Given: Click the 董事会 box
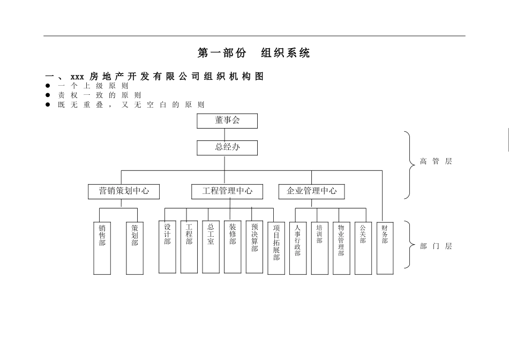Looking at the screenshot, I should (x=227, y=121).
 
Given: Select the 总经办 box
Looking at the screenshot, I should (x=227, y=147).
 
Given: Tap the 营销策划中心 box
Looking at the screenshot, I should (x=124, y=191).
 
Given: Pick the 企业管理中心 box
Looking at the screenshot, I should (x=312, y=191).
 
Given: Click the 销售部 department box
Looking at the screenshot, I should (x=102, y=247).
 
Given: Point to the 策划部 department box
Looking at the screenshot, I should (x=134, y=247).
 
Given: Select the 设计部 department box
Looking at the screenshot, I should (x=167, y=246).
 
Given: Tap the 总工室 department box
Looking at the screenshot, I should (x=211, y=246).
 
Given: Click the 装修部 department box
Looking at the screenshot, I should (x=233, y=246).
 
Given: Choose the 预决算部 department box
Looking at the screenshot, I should (x=254, y=246).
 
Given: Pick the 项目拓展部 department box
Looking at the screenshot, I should (x=276, y=247).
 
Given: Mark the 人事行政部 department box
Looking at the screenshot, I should (x=297, y=247).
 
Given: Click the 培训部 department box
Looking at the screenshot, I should (x=319, y=247).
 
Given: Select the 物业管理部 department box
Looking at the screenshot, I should (x=341, y=247).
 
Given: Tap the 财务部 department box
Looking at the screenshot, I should (x=385, y=247).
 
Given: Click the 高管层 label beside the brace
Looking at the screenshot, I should (x=436, y=161).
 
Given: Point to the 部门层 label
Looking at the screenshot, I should (x=436, y=246).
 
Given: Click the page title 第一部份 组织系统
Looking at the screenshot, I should (x=254, y=53).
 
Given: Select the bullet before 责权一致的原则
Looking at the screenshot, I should (x=48, y=95).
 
